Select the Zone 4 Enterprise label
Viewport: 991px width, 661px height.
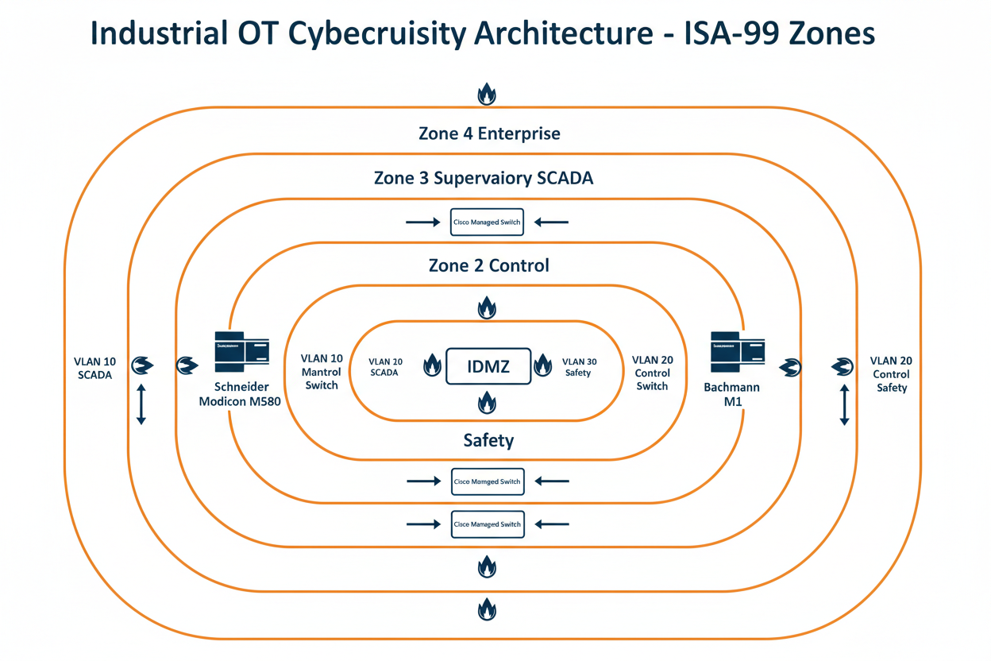(489, 133)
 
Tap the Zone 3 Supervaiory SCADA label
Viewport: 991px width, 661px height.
(483, 178)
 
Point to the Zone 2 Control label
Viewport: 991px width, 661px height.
(488, 265)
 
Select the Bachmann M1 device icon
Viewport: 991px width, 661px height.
(736, 350)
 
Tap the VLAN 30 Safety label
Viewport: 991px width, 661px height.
(579, 367)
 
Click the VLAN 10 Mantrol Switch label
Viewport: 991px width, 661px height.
(321, 373)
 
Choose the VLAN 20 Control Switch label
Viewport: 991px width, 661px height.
(652, 373)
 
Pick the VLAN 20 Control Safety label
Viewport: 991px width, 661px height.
(891, 374)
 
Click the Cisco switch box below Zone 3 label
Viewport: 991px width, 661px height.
(487, 222)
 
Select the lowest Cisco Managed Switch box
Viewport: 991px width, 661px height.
(487, 524)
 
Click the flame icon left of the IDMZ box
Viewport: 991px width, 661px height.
(432, 365)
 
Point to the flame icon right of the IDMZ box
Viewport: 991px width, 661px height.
(543, 365)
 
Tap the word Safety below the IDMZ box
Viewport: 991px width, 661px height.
(488, 439)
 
